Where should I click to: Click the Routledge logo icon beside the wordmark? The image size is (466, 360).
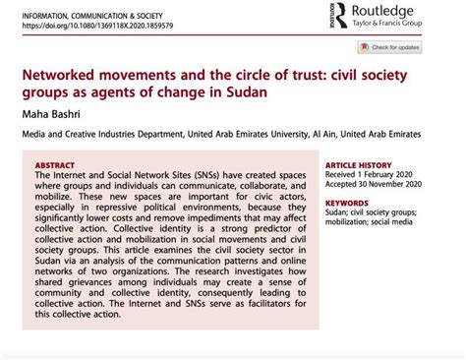(339, 17)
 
